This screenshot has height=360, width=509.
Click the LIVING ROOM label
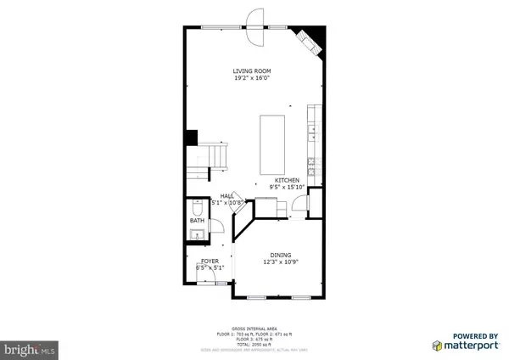(x=254, y=70)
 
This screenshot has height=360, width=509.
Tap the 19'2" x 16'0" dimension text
(x=254, y=78)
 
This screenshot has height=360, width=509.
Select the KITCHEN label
(x=288, y=180)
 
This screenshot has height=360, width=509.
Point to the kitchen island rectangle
(x=274, y=143)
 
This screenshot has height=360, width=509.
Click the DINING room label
(x=281, y=255)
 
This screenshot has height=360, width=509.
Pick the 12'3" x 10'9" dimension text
(x=281, y=262)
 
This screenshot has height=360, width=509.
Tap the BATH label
(x=197, y=221)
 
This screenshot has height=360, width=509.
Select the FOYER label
(x=210, y=261)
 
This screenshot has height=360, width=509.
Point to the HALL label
(x=227, y=195)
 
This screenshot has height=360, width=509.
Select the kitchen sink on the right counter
(x=313, y=131)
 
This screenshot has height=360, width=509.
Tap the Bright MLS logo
(x=30, y=348)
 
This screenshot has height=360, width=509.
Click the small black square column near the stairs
(x=192, y=136)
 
